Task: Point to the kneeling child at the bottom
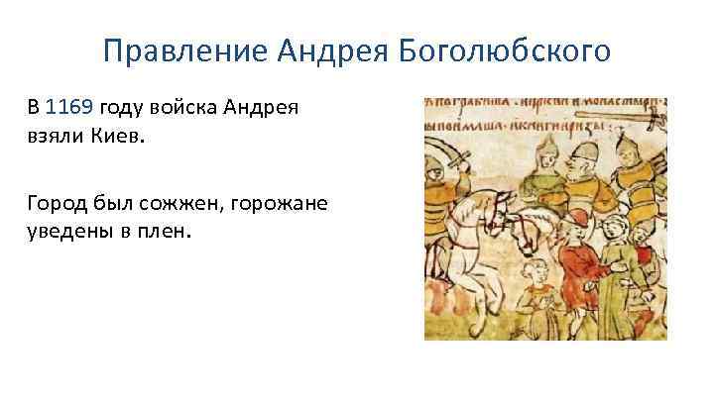pyautogui.click(x=540, y=297)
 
